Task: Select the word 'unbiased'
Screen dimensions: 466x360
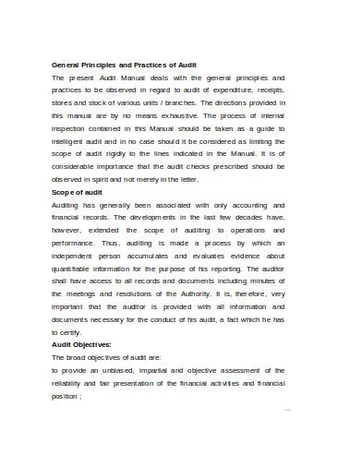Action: point(124,369)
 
